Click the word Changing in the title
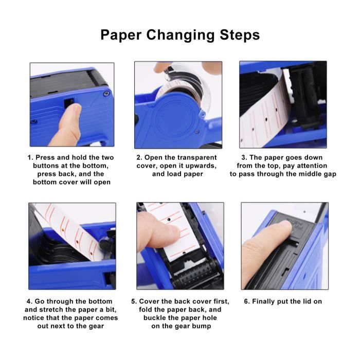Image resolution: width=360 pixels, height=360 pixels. point(180,35)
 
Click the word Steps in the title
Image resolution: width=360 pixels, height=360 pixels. point(240,35)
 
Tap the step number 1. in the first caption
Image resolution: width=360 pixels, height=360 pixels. point(31,157)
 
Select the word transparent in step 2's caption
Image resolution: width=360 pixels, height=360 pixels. point(197,158)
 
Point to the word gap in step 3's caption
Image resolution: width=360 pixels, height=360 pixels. point(330,174)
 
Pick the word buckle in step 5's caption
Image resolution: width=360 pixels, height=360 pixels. point(154,318)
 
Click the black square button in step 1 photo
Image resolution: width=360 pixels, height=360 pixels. point(68,102)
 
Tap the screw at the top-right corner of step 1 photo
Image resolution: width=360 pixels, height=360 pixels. point(105,93)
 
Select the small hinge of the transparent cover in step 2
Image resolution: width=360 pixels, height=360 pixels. point(202,114)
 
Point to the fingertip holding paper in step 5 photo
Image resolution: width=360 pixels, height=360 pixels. point(173,233)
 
